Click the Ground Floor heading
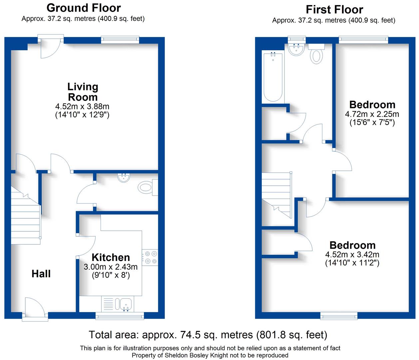point(84,8)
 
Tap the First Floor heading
point(334,10)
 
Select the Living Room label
point(83,92)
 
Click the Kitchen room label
point(111,258)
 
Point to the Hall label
point(41,274)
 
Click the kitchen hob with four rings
point(150,258)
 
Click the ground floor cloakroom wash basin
point(124,178)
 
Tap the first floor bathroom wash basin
point(296,49)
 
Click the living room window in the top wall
point(120,40)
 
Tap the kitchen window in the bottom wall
point(120,316)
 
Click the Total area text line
point(208,335)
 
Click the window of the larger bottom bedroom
point(339,316)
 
